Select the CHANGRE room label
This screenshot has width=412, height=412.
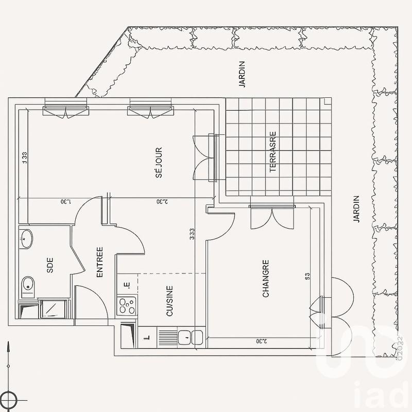[266, 278]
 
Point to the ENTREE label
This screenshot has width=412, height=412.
[100, 263]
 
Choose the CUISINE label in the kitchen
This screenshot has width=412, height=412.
[169, 301]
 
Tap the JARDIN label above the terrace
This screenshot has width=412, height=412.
[242, 74]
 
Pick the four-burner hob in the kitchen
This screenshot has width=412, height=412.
[126, 306]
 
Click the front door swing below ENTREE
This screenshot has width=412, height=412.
[93, 304]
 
